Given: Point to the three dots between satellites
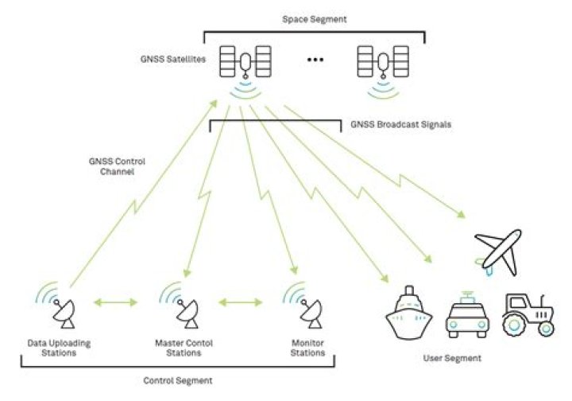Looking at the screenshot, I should [317, 61].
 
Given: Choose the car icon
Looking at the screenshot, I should [466, 315].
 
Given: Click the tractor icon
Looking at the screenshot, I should [528, 313].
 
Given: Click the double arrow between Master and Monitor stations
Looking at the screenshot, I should [241, 302].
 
